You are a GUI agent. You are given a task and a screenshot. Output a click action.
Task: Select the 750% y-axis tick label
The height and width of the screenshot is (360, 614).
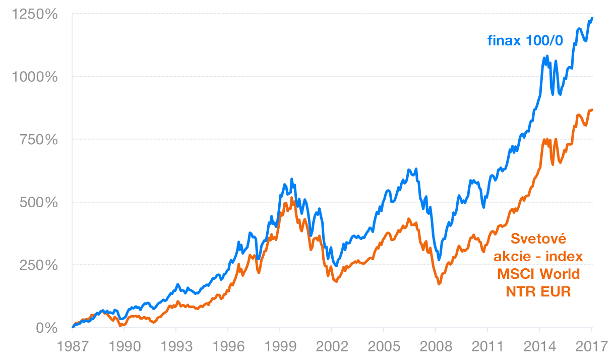tap(39, 140)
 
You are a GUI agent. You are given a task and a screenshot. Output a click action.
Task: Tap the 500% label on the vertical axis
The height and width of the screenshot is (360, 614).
tap(39, 203)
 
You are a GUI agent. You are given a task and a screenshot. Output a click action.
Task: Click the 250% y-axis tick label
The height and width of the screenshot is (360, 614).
tap(39, 265)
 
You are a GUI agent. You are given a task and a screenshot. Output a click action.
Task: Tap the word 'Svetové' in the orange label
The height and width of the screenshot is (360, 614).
tap(538, 238)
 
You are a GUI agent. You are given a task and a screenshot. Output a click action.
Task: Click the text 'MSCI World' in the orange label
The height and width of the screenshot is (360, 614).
tap(538, 274)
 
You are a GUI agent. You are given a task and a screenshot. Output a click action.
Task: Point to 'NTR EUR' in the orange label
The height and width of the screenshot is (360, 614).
tap(538, 292)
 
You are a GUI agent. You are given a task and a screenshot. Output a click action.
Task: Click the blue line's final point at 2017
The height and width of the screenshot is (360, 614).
tap(592, 18)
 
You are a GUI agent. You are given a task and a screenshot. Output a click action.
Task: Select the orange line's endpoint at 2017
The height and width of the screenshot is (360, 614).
tap(592, 109)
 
